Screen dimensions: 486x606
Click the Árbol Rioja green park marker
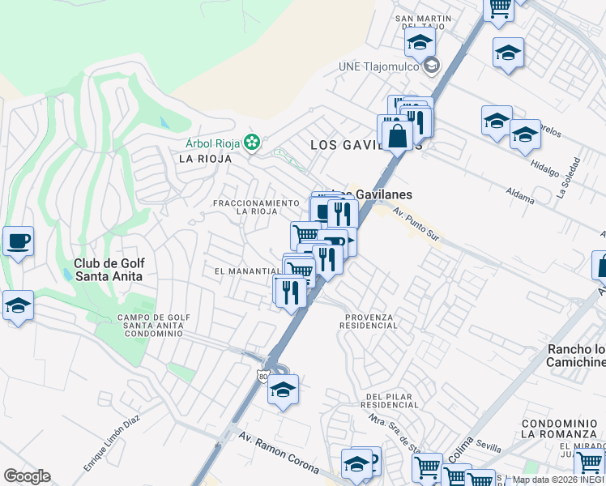click(253, 143)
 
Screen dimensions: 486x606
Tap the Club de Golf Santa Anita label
click(108, 270)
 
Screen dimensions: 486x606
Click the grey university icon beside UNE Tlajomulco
click(432, 66)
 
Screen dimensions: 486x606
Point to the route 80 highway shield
click(262, 376)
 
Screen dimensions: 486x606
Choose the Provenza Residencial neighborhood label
click(369, 321)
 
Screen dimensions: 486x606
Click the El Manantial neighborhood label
click(247, 271)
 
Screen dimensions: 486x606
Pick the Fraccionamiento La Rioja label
click(256, 207)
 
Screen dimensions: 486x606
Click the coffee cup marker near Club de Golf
click(18, 241)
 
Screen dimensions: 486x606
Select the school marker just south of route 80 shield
click(283, 390)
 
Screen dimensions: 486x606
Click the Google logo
click(27, 475)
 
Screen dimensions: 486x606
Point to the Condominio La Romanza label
click(558, 428)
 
